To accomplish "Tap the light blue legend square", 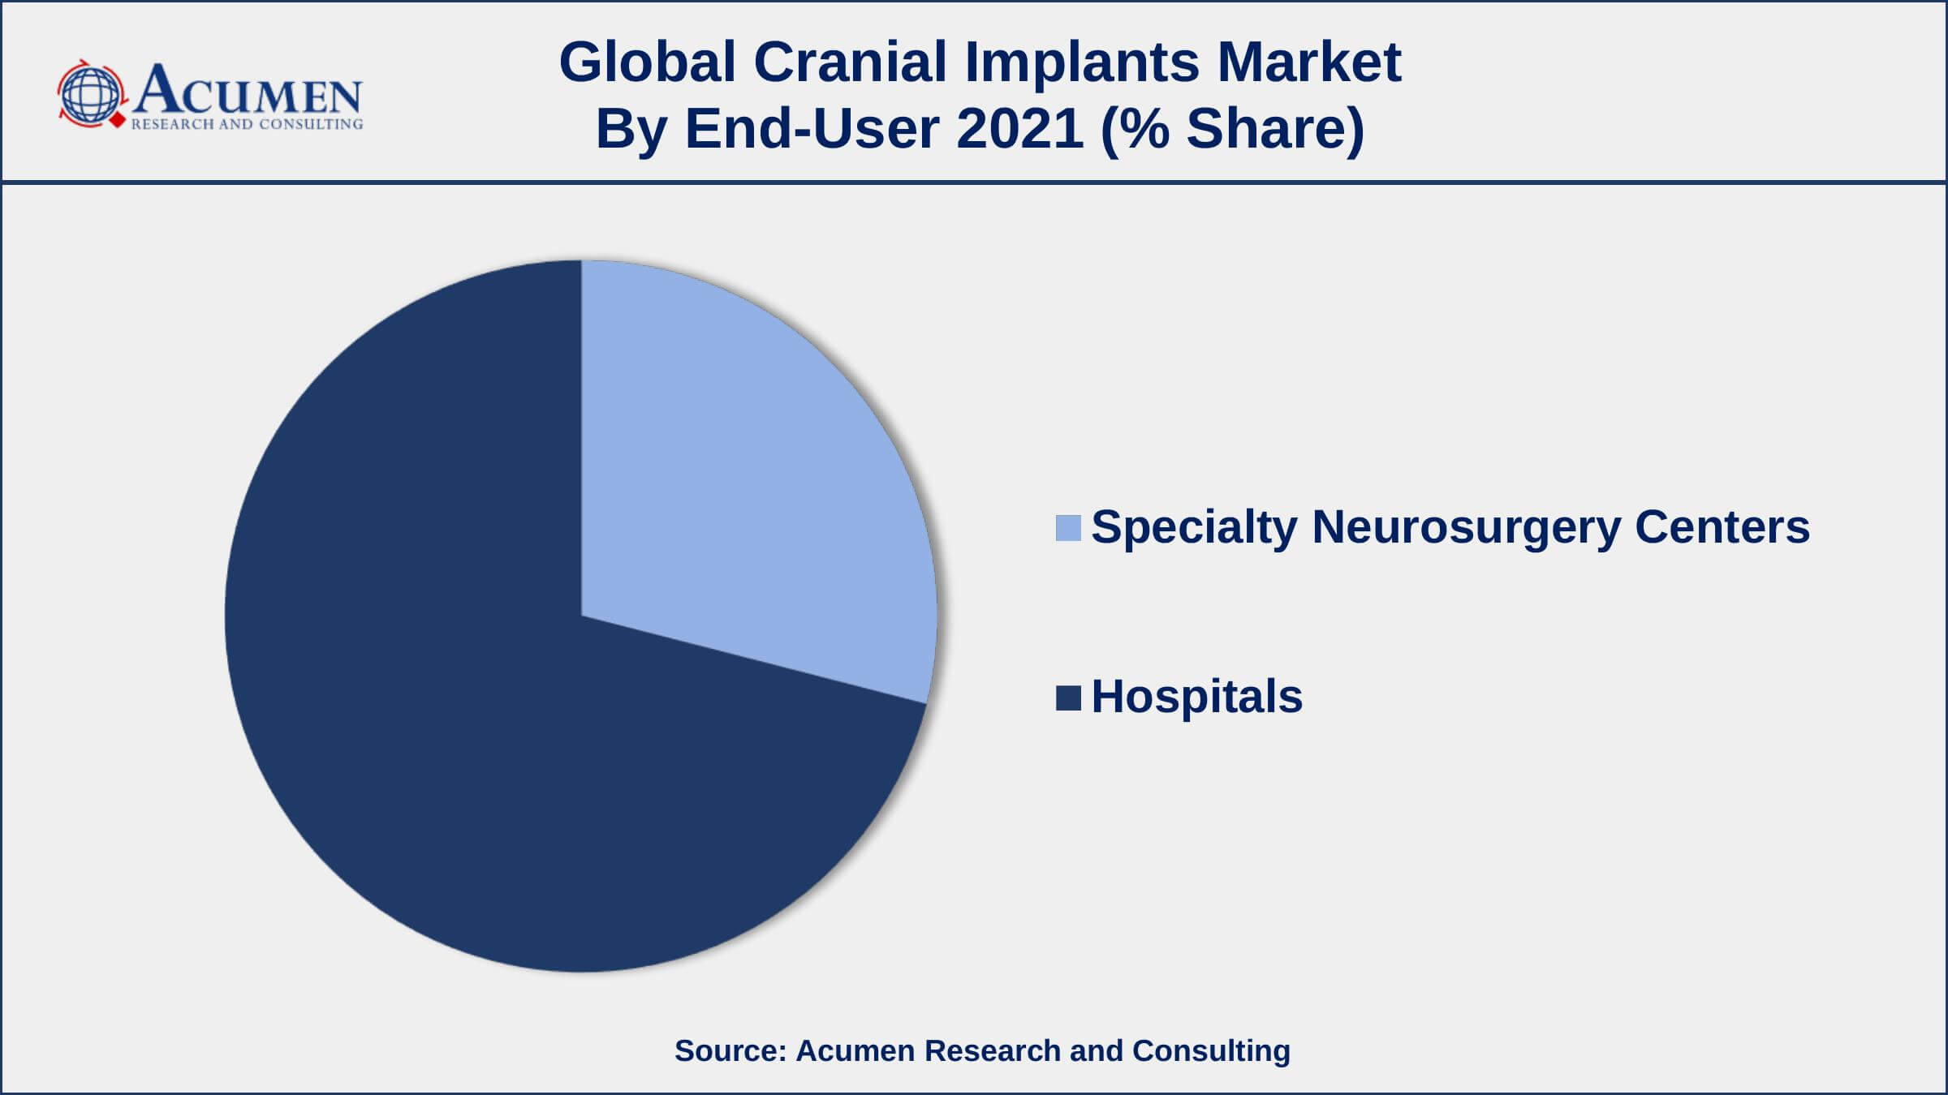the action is click(1068, 528).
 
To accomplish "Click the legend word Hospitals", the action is click(1196, 697).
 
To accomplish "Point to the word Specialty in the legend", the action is click(1194, 528).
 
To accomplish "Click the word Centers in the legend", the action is click(1722, 526).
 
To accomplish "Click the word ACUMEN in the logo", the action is click(248, 90).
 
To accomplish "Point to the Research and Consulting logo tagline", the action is click(247, 124).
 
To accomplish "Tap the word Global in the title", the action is click(648, 62).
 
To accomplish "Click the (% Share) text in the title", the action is click(1232, 130).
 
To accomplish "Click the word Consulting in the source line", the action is click(1211, 1051).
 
